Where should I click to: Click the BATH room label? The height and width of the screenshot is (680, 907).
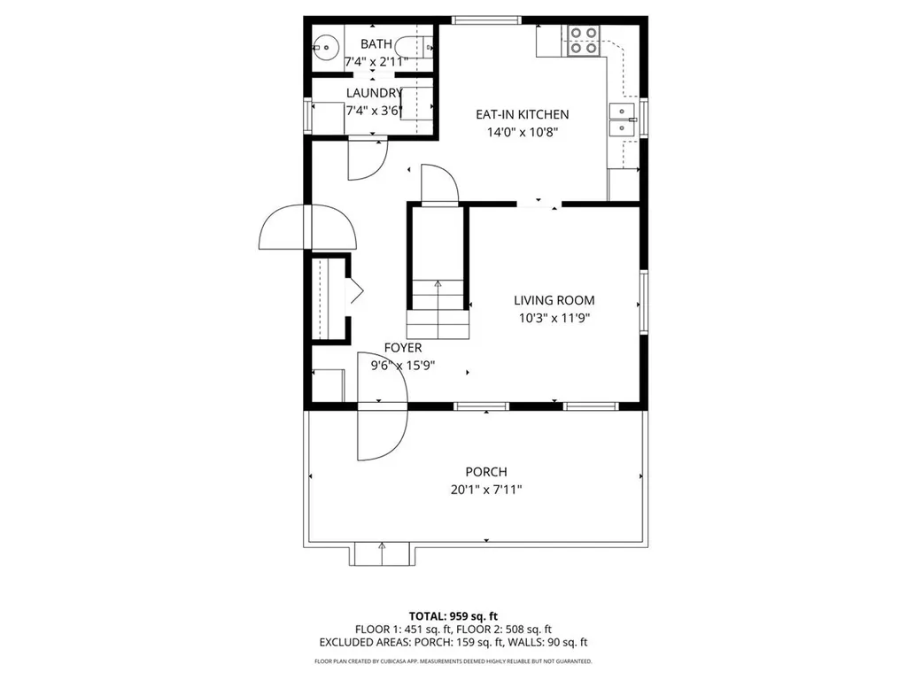376,42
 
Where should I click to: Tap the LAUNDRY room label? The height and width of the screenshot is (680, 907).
374,93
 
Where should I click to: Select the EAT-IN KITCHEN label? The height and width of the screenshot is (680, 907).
522,114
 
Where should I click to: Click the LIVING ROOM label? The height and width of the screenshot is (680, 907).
555,300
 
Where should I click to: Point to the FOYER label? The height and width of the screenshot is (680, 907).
402,348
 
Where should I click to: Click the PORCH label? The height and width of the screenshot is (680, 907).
486,472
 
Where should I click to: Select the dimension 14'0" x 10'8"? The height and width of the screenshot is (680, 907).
522,133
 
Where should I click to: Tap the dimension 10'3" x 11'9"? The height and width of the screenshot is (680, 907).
555,318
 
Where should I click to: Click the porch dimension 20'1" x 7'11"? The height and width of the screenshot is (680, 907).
486,490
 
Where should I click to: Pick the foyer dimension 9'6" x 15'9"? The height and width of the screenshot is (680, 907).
402,365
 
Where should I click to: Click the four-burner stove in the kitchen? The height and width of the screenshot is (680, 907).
582,41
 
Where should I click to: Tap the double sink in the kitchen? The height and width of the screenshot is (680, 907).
624,120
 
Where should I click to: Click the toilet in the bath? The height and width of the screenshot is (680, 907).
415,45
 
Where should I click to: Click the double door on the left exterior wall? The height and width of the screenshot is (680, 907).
307,228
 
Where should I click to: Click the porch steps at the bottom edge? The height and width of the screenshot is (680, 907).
382,554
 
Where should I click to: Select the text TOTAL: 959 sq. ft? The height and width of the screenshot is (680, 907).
453,616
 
